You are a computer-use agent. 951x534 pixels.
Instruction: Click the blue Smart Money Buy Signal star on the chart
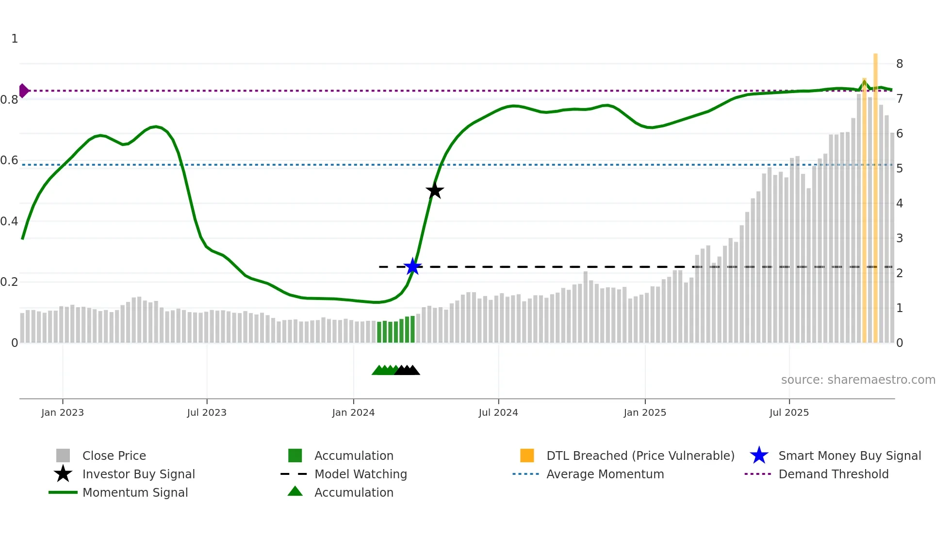412,267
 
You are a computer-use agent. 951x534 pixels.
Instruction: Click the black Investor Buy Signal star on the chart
435,190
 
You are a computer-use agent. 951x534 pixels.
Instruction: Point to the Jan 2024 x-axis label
353,412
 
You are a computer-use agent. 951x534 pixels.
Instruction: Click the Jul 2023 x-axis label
207,412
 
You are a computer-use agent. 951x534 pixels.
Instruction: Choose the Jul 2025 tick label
789,412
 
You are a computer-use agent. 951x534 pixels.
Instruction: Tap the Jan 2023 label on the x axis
63,412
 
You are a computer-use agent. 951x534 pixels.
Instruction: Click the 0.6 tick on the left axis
9,160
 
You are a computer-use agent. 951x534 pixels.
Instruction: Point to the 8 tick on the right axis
900,64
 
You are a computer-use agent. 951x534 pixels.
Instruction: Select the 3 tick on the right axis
900,238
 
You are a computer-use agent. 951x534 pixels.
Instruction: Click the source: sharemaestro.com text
858,380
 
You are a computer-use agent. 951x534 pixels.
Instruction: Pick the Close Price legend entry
114,455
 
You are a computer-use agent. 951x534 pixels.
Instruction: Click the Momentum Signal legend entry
135,492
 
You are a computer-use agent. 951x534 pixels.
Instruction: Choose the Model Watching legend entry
361,474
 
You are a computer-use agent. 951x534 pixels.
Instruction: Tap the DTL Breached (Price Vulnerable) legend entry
640,455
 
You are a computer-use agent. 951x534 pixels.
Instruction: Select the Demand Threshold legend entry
833,474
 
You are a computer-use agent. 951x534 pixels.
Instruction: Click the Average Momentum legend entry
605,474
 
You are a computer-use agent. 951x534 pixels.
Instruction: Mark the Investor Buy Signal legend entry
138,474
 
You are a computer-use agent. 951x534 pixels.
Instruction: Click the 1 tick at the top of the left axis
15,39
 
